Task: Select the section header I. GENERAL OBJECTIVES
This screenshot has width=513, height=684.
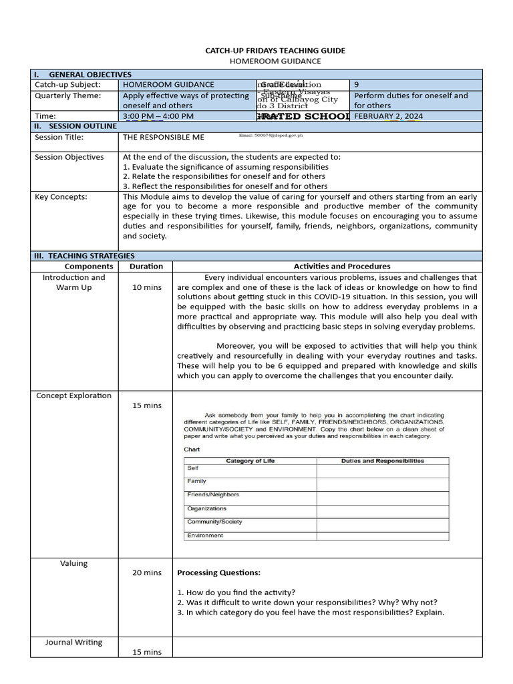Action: pos(83,74)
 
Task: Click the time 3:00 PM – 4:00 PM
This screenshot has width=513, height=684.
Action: pos(158,116)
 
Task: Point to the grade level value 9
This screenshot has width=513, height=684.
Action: pos(357,85)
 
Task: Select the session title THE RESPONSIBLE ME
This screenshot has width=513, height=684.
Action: pos(164,137)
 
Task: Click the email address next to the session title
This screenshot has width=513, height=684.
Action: pos(271,136)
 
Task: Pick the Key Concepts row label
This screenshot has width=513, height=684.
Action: pos(61,196)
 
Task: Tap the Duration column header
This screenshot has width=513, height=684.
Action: pos(146,266)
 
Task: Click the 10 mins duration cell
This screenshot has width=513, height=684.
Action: pos(146,287)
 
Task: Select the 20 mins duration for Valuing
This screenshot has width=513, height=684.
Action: pos(146,572)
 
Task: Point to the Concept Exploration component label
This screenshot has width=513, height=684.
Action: pos(74,395)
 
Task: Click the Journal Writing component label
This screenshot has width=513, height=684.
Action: pos(74,643)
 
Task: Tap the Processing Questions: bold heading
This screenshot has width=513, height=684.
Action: pos(218,572)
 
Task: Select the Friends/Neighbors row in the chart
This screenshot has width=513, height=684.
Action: pos(213,495)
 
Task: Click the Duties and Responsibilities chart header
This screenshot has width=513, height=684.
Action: pos(382,461)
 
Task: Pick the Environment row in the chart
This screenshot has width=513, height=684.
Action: pos(205,536)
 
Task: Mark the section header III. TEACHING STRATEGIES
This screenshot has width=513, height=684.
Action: pos(84,255)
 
